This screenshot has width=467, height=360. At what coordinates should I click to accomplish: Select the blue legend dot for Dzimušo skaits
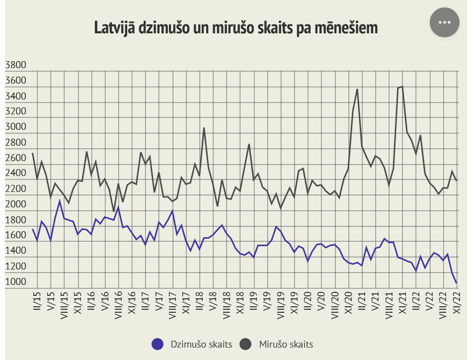tap(157, 344)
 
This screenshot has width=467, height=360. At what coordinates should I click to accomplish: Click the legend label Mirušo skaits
tap(286, 344)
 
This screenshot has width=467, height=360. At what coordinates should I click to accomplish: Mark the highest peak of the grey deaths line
tap(402, 87)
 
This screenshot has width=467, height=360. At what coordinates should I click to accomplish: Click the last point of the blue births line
tap(456, 282)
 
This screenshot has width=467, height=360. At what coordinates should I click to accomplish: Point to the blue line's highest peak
tap(60, 201)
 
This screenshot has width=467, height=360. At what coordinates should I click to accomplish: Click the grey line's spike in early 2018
tap(204, 128)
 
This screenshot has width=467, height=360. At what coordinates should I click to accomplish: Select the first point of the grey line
tap(33, 153)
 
